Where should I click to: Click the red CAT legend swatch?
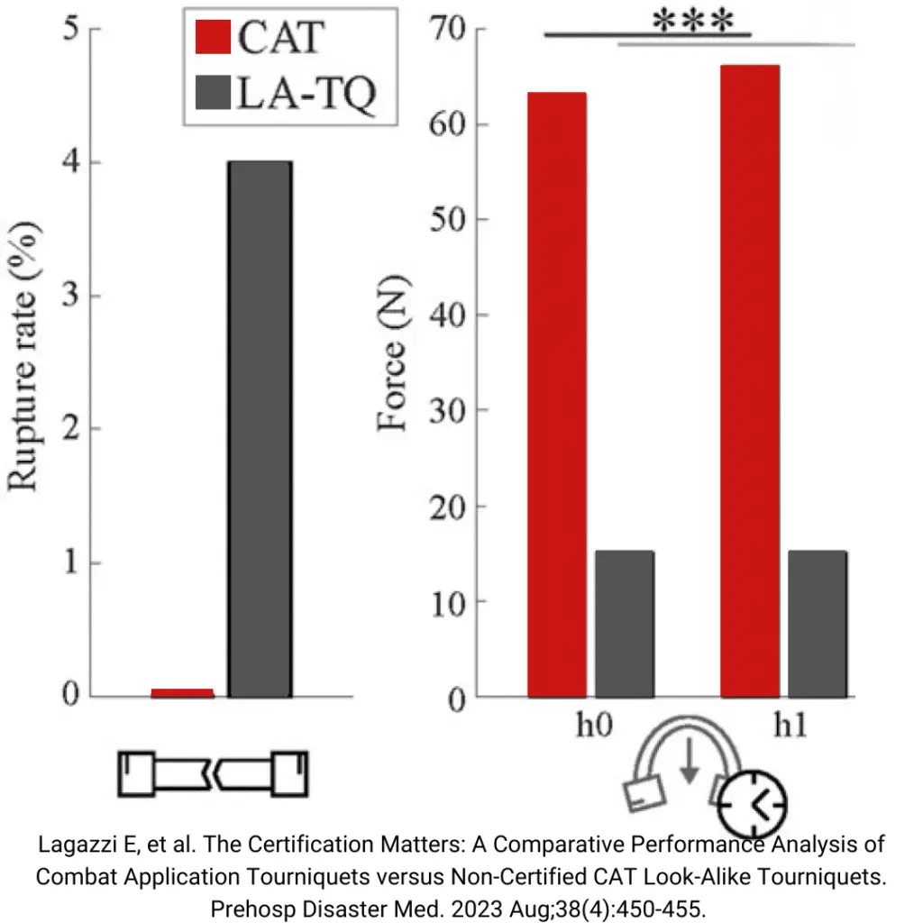(213, 39)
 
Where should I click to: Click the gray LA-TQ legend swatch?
(213, 94)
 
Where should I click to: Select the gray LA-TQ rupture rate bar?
(260, 429)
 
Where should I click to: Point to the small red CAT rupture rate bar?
(182, 692)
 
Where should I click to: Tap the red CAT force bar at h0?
(556, 394)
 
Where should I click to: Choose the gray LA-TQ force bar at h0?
(624, 623)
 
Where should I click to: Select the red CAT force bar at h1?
(750, 380)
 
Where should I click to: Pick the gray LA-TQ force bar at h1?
(817, 623)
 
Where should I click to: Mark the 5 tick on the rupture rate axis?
(69, 29)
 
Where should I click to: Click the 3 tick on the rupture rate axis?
(69, 296)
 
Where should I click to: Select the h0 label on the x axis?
(594, 726)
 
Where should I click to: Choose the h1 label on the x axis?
(790, 726)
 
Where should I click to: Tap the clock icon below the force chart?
(752, 801)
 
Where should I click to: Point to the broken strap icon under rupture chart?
(214, 773)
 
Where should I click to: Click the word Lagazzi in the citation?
(78, 846)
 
